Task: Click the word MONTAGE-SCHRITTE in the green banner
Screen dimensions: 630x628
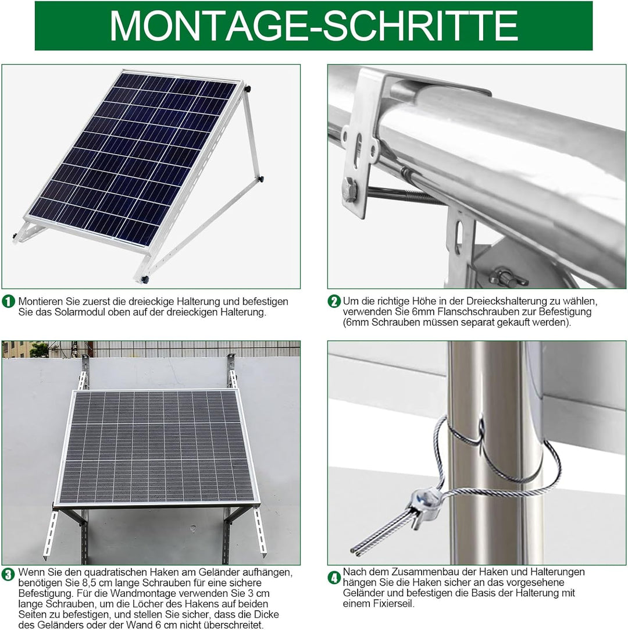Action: pyautogui.click(x=313, y=25)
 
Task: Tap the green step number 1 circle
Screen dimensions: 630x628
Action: pyautogui.click(x=8, y=301)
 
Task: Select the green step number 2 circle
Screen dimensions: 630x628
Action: pyautogui.click(x=334, y=301)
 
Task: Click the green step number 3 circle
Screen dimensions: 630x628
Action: pyautogui.click(x=8, y=575)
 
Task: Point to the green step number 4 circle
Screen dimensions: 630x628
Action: pyautogui.click(x=334, y=578)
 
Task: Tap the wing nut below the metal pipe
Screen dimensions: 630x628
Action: pyautogui.click(x=508, y=276)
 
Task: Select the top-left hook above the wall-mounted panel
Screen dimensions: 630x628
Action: pyautogui.click(x=84, y=372)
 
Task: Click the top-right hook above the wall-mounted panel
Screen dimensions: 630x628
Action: pyautogui.click(x=231, y=371)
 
